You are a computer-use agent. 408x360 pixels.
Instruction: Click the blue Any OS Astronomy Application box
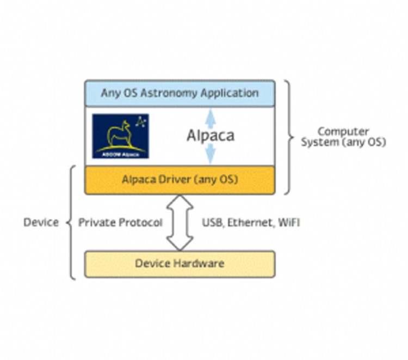pyautogui.click(x=180, y=93)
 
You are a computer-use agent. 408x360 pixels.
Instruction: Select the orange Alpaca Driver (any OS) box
pyautogui.click(x=180, y=179)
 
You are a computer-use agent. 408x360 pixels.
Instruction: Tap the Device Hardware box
pyautogui.click(x=180, y=264)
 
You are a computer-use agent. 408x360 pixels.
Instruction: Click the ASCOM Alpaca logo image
pyautogui.click(x=120, y=136)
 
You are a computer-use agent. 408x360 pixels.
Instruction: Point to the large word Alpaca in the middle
pyautogui.click(x=210, y=136)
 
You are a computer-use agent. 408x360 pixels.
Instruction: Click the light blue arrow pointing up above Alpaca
pyautogui.click(x=210, y=117)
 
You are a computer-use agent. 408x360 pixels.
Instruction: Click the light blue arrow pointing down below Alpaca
pyautogui.click(x=210, y=155)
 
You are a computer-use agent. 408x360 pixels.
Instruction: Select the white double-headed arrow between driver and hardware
pyautogui.click(x=180, y=222)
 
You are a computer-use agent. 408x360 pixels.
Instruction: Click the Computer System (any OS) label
pyautogui.click(x=344, y=137)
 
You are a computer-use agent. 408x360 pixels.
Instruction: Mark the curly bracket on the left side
pyautogui.click(x=71, y=222)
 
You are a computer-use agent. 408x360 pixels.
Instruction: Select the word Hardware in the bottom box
pyautogui.click(x=201, y=264)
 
